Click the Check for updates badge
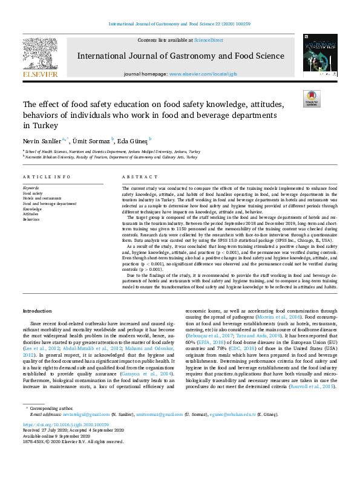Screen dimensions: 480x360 click(312, 99)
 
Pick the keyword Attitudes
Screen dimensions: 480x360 click(31, 215)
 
